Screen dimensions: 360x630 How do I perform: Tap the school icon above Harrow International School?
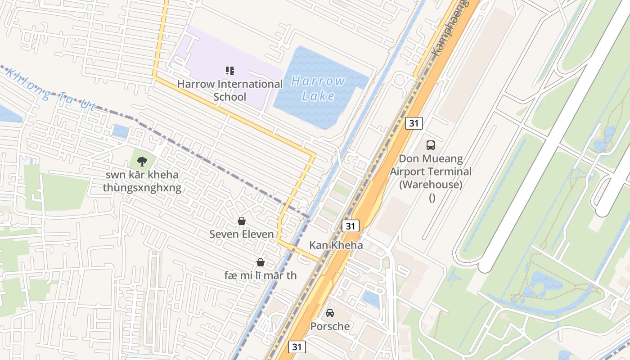(x=230, y=70)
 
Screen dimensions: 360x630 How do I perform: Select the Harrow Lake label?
(x=318, y=88)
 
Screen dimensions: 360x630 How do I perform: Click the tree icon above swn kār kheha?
(x=142, y=161)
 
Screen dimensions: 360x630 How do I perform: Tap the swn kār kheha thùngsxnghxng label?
(x=142, y=181)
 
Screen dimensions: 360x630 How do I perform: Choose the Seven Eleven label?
(x=242, y=234)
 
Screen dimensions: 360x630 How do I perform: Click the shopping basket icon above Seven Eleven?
(x=242, y=221)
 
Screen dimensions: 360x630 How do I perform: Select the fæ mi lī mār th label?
(x=261, y=275)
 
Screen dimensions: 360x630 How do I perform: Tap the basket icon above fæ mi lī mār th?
(x=261, y=262)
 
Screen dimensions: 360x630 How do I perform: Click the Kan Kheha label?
(x=336, y=245)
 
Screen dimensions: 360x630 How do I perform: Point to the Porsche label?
(x=330, y=326)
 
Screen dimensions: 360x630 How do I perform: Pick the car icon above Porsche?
(x=330, y=313)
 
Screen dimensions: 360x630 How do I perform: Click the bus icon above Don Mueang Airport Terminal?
(x=431, y=145)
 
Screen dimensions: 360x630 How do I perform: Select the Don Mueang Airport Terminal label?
(x=431, y=171)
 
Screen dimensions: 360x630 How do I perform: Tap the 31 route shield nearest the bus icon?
(x=414, y=123)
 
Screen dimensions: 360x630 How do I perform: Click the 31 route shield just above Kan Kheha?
(x=351, y=225)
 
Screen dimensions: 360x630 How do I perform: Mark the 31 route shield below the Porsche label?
(x=297, y=346)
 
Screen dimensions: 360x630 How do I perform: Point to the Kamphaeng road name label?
(x=450, y=27)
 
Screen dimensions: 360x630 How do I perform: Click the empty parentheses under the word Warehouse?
(x=432, y=198)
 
